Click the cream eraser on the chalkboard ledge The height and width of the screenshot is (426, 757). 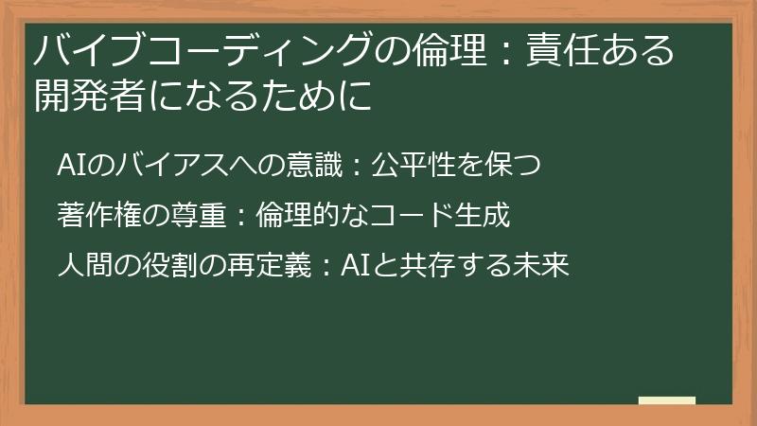[666, 401]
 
